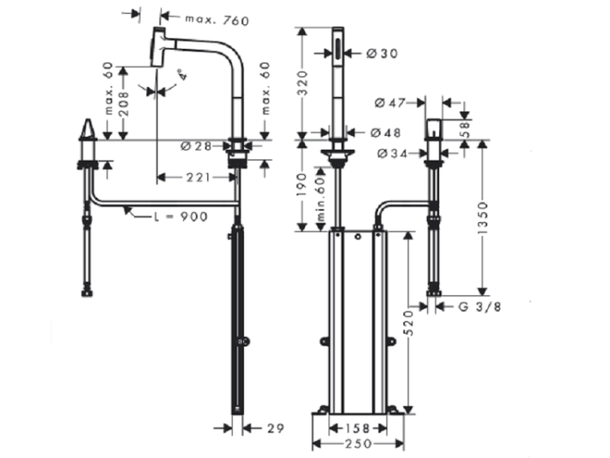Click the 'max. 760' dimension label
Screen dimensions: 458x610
[216, 19]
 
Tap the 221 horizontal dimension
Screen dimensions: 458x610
[194, 176]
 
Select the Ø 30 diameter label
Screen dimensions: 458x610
[381, 54]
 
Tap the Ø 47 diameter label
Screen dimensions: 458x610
[390, 103]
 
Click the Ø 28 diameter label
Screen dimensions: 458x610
[196, 146]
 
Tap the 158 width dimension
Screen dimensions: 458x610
[351, 426]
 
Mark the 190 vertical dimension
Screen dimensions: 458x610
[302, 185]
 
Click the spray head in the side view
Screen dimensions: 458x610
[160, 46]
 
